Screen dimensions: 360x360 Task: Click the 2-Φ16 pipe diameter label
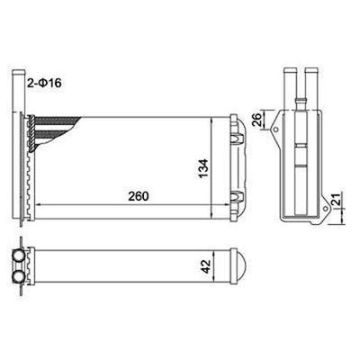click(44, 83)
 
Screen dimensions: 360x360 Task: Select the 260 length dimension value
click(139, 196)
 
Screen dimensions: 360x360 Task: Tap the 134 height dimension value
click(203, 169)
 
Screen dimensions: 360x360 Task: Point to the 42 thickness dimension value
click(206, 266)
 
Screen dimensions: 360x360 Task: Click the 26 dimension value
click(257, 120)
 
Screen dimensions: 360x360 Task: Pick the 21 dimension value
click(337, 199)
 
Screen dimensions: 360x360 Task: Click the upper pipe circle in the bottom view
click(20, 256)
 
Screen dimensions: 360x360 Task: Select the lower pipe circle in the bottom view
click(20, 275)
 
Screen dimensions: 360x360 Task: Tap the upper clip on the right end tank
click(238, 138)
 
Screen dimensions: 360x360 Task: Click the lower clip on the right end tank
click(238, 196)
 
